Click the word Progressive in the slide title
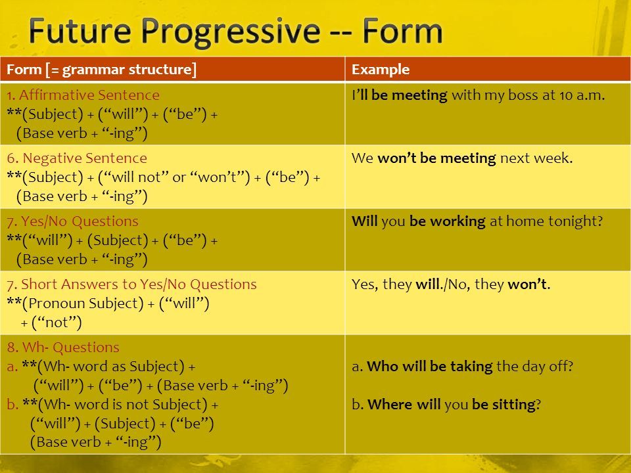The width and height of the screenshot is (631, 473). coord(231,32)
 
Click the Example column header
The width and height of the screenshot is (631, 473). coord(381,70)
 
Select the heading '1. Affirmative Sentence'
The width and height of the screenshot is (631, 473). coord(83,95)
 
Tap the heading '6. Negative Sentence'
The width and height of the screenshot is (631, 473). coord(77,158)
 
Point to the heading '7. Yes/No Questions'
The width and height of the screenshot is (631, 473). coord(72,221)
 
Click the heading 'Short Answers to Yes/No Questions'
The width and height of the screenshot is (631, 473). coord(139,284)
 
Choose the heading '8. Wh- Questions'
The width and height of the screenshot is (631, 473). coord(63,347)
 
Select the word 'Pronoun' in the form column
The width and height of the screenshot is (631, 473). coord(57,304)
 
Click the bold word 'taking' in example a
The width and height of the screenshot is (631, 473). coord(471,367)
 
